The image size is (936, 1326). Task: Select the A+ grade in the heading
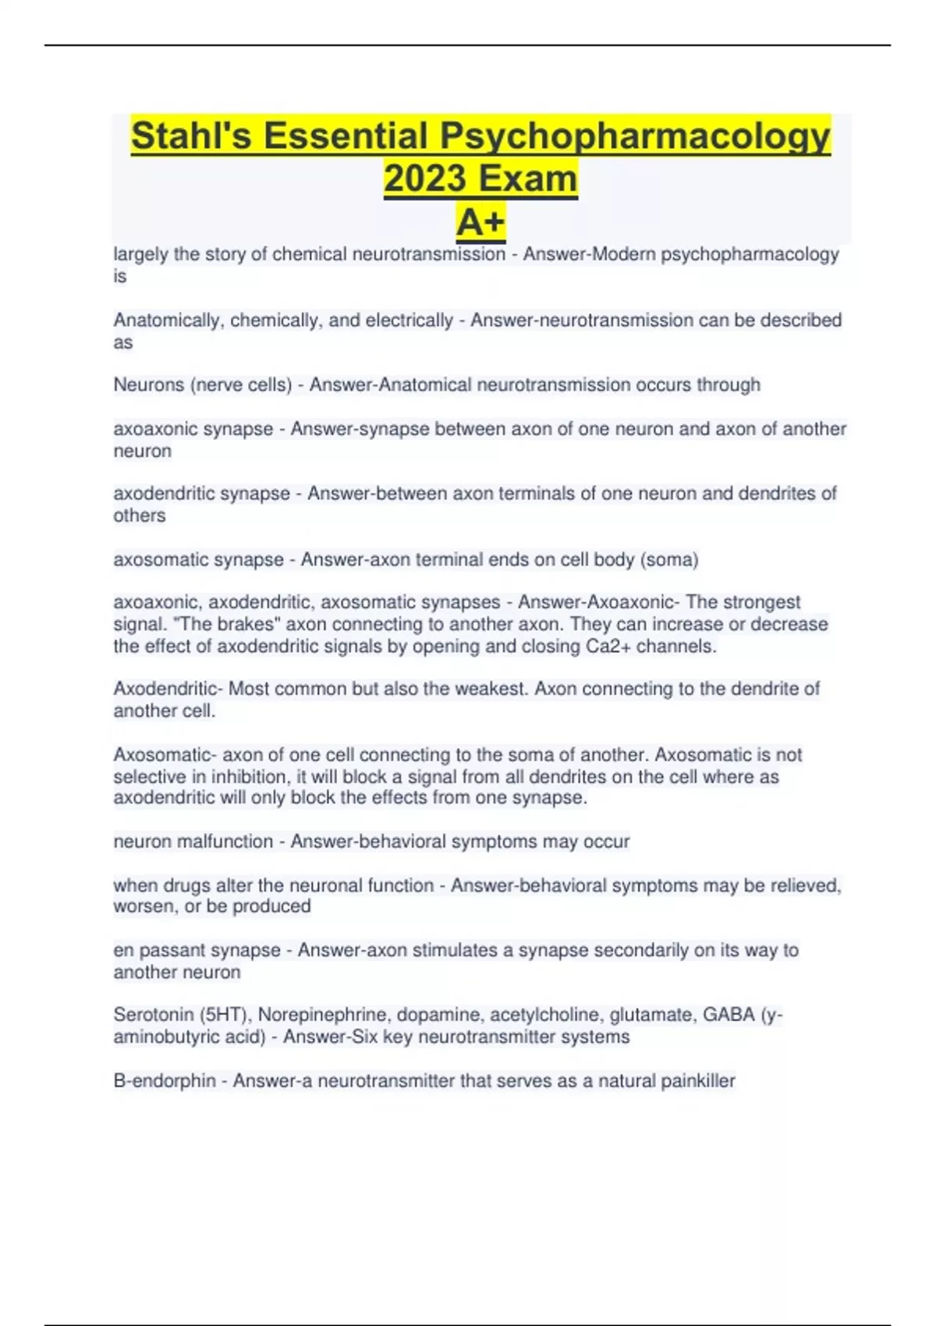pos(480,222)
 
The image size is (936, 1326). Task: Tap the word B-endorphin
pos(165,1081)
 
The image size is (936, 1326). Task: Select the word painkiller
pos(697,1081)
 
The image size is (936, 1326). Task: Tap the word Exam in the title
pos(527,179)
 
